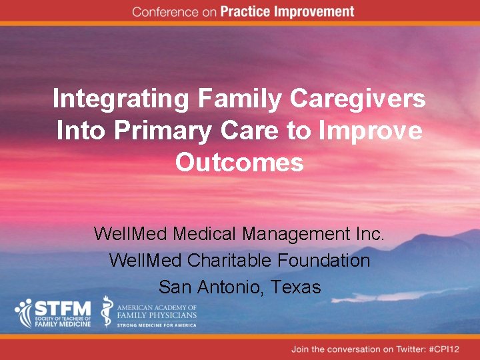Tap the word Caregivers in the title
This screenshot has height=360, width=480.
358,99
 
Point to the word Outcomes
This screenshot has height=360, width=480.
239,163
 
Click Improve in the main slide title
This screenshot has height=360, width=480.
371,131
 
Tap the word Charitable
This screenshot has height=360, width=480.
222,261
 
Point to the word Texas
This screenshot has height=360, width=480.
296,287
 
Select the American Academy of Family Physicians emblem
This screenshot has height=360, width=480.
107,311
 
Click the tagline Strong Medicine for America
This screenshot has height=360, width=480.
157,325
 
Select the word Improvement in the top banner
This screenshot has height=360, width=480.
313,12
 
